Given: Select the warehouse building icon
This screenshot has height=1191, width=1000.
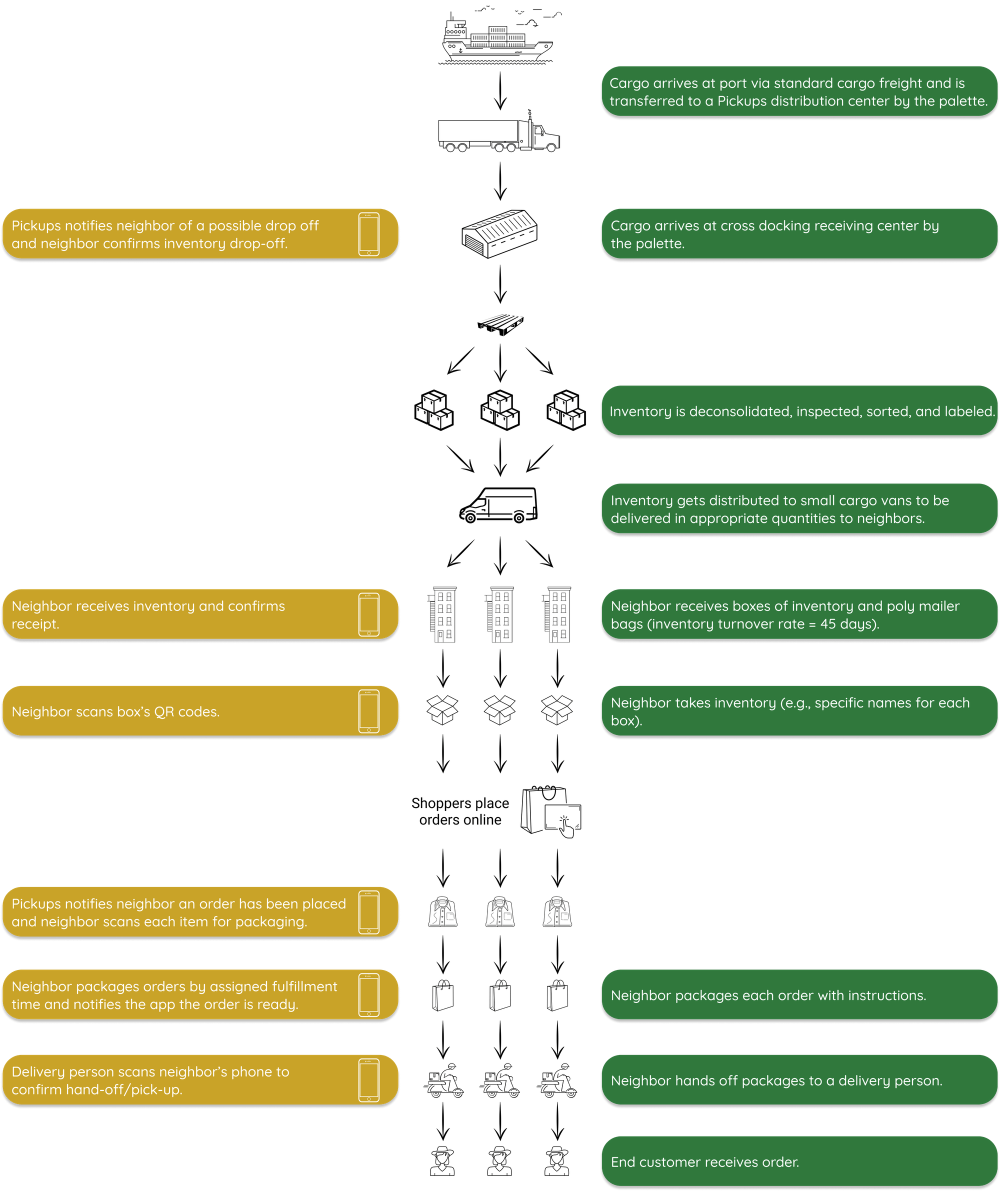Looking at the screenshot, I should coord(499,233).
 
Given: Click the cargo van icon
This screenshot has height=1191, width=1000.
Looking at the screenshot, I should coord(498,505).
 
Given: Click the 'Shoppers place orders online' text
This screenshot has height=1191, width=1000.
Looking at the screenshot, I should coord(460,811).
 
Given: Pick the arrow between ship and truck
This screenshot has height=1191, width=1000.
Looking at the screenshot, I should coord(499,90).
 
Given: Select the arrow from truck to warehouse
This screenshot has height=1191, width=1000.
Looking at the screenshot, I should coord(499,181).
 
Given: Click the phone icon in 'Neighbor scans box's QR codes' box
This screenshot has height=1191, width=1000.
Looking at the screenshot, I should coord(368,711).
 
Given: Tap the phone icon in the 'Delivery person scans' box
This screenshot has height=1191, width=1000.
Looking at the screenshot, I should coord(368,1080).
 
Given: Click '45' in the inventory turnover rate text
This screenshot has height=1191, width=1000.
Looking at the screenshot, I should coord(827,624).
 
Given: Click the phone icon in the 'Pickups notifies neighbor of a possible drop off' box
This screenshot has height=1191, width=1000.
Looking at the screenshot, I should coord(368,234).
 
